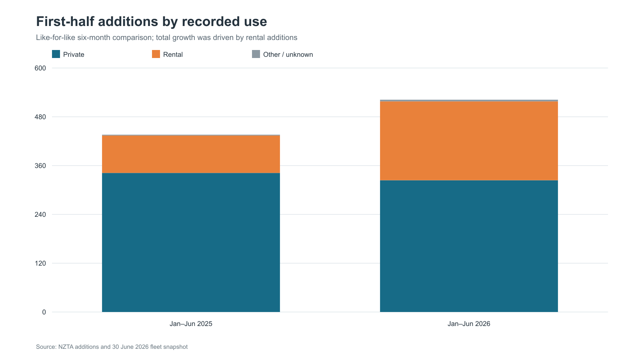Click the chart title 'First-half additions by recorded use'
pyautogui.click(x=152, y=22)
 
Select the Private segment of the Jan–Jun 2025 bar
pyautogui.click(x=191, y=242)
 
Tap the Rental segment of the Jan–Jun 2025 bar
pyautogui.click(x=191, y=154)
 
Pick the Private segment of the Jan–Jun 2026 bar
pyautogui.click(x=469, y=246)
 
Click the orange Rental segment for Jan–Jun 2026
pyautogui.click(x=469, y=141)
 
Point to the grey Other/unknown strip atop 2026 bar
pyautogui.click(x=469, y=100)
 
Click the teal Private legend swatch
pyautogui.click(x=56, y=54)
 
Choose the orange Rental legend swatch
pyautogui.click(x=156, y=54)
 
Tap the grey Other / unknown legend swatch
pyautogui.click(x=256, y=54)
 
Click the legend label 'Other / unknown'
pyautogui.click(x=288, y=54)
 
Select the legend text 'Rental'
pyautogui.click(x=173, y=54)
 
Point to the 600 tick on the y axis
pyautogui.click(x=40, y=68)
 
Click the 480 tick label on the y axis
pyautogui.click(x=40, y=117)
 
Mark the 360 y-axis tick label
pyautogui.click(x=40, y=166)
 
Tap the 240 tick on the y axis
pyautogui.click(x=40, y=214)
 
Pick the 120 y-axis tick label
pyautogui.click(x=40, y=264)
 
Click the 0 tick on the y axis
pyautogui.click(x=44, y=312)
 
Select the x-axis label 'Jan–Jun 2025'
pyautogui.click(x=191, y=324)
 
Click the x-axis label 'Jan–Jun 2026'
pyautogui.click(x=469, y=324)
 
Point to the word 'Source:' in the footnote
pyautogui.click(x=46, y=347)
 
